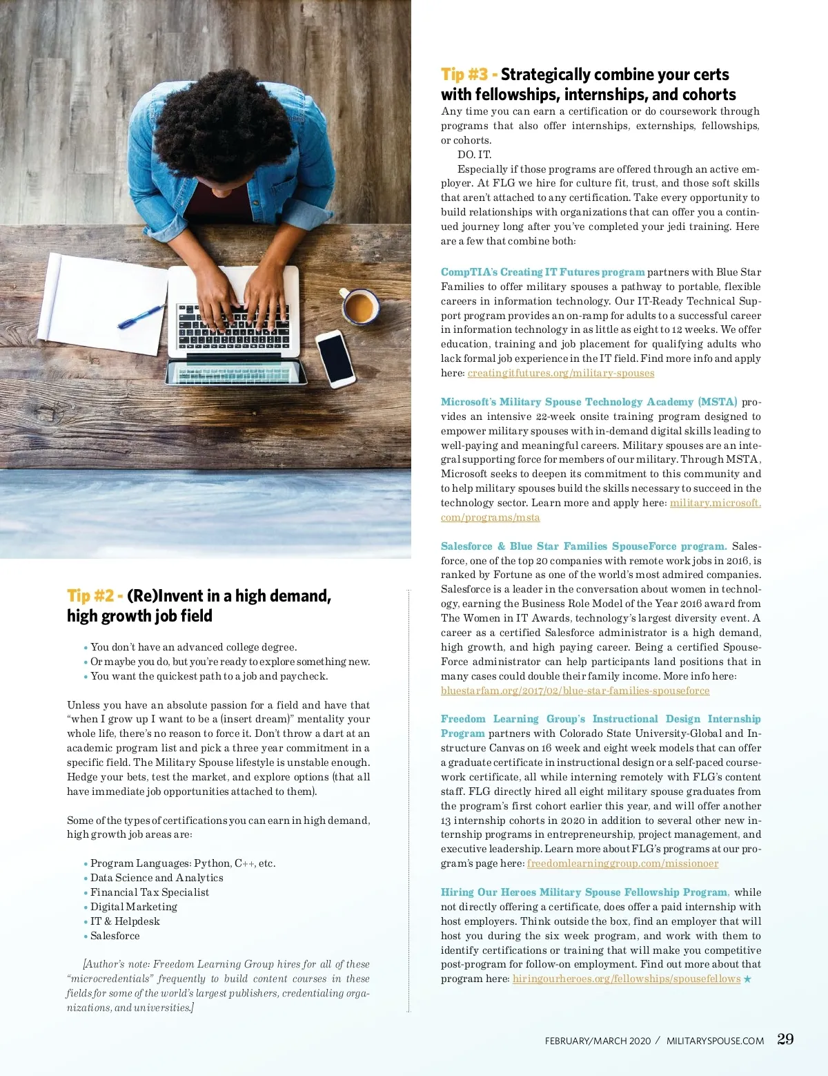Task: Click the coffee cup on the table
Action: coord(359,306)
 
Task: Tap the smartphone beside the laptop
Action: coord(335,358)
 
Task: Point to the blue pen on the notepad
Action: coord(141,317)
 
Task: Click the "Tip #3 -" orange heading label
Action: coord(469,75)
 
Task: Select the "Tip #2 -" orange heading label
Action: coord(95,596)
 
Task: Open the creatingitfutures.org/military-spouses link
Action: coord(561,373)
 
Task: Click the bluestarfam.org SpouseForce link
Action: coord(575,691)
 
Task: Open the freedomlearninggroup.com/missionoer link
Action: coord(622,863)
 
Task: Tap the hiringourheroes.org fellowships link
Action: coord(626,979)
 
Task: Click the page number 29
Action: coord(785,1039)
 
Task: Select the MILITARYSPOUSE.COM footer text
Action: coord(715,1041)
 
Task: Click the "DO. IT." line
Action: coord(475,155)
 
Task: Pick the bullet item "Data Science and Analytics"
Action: coord(157,878)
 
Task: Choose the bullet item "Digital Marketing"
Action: coord(134,907)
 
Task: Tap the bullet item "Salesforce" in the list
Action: coord(115,936)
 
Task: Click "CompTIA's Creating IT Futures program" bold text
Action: coord(542,272)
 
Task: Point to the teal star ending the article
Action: coord(747,979)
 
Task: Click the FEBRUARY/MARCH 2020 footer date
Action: coord(598,1041)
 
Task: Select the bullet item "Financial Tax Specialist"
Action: coord(150,892)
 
